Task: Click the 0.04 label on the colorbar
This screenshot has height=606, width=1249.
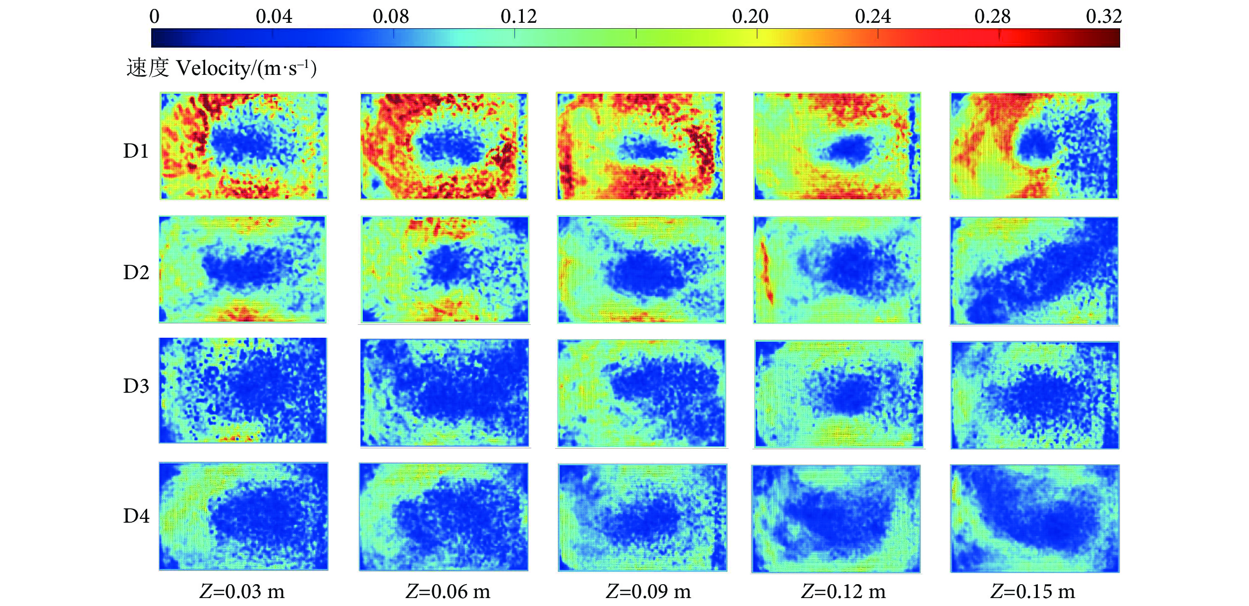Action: coord(274,17)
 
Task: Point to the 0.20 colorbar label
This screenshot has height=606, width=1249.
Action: coord(750,17)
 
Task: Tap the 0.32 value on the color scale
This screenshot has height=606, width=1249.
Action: coord(1104,17)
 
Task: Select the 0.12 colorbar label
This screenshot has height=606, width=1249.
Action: coord(518,17)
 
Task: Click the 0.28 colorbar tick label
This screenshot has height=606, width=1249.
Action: coord(992,17)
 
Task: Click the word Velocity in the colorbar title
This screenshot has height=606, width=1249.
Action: coord(214,68)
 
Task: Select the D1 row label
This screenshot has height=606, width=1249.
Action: coord(136,151)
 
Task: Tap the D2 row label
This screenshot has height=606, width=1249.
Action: coord(136,273)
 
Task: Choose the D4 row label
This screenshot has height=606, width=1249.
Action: coord(136,516)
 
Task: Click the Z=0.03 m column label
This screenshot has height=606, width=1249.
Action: coord(242,592)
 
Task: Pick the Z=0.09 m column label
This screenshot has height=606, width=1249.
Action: coord(648,592)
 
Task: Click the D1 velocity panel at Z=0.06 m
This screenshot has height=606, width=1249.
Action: coord(444,146)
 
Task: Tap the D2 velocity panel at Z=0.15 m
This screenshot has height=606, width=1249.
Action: coord(1034,271)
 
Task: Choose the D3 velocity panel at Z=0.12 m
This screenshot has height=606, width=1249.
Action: coord(838,394)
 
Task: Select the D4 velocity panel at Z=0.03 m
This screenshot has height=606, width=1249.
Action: coord(243,516)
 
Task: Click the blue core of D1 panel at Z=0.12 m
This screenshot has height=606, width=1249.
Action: coord(849,149)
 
